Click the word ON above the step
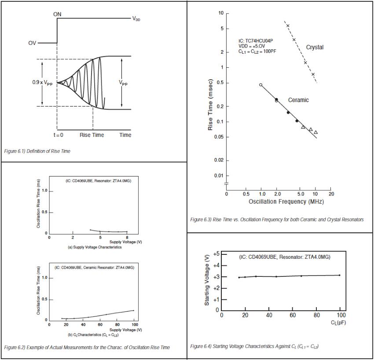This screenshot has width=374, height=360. tap(58, 14)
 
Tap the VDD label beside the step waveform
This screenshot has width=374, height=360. tap(137, 19)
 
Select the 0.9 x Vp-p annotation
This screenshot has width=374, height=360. tap(42, 83)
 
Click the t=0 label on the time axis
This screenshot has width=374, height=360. tap(57, 135)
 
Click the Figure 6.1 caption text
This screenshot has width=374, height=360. tap(37, 151)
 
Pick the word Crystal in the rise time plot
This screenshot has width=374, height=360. tap(315, 47)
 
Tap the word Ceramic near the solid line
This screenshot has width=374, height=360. tap(298, 100)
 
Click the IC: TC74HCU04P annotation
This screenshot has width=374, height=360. tap(257, 40)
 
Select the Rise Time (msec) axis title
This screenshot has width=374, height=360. tap(210, 105)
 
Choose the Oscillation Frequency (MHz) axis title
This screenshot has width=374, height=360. tap(286, 202)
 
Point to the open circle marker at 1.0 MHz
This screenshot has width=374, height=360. tap(260, 84)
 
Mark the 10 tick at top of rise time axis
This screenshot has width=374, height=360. tap(221, 14)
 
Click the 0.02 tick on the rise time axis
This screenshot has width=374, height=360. tap(219, 160)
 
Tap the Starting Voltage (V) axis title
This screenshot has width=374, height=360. tap(207, 283)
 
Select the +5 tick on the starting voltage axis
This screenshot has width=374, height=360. tap(216, 254)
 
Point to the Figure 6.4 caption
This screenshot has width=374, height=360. tap(254, 346)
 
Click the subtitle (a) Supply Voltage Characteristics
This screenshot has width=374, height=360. tap(95, 247)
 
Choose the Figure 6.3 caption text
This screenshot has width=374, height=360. tap(277, 220)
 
